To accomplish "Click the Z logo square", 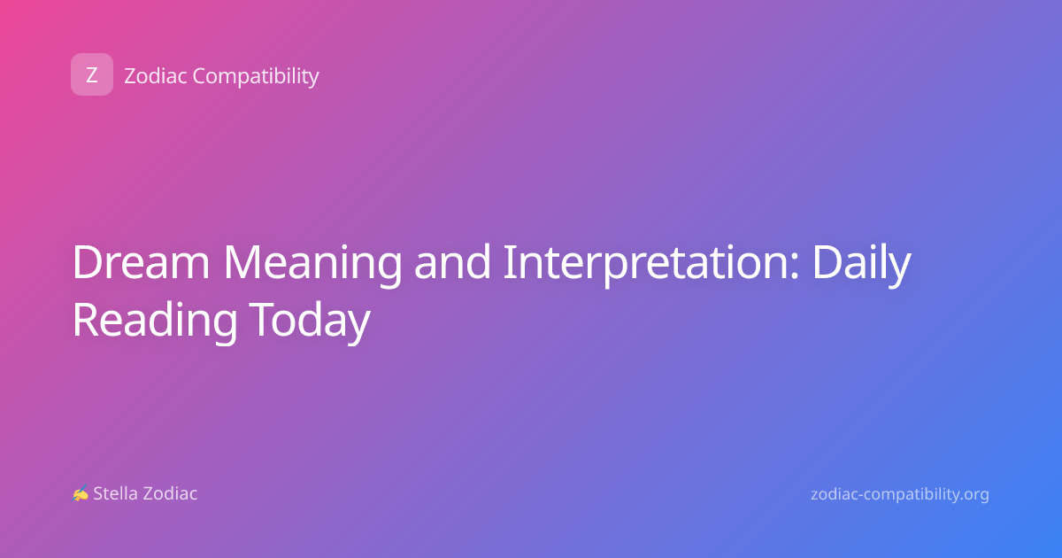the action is tap(92, 74).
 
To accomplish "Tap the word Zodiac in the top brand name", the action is tap(156, 75).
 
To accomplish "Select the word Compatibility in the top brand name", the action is tap(256, 76).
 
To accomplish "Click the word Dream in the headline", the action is tap(141, 262).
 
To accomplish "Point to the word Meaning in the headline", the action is tap(312, 265).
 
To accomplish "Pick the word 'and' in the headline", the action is tap(452, 261).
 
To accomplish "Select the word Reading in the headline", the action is tap(155, 322).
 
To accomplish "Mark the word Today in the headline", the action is tap(310, 322).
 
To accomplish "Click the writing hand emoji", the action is tap(81, 493).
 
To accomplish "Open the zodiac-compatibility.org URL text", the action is tap(900, 495).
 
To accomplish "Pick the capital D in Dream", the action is tap(88, 262).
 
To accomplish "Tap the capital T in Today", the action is tap(263, 320).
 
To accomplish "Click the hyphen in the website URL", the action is tap(860, 495).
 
